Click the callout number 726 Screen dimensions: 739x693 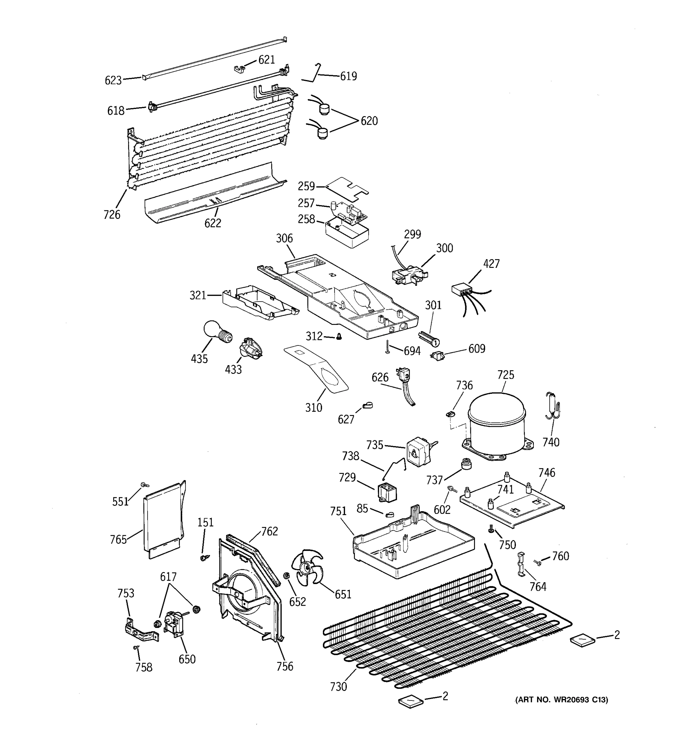(x=112, y=215)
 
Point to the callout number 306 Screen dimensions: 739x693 (x=284, y=238)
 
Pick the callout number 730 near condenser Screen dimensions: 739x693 (x=338, y=687)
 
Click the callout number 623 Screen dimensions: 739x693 (x=113, y=80)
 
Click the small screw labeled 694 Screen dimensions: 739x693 (x=387, y=347)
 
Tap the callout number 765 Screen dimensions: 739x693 (x=118, y=539)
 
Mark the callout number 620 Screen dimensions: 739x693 (x=369, y=121)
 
